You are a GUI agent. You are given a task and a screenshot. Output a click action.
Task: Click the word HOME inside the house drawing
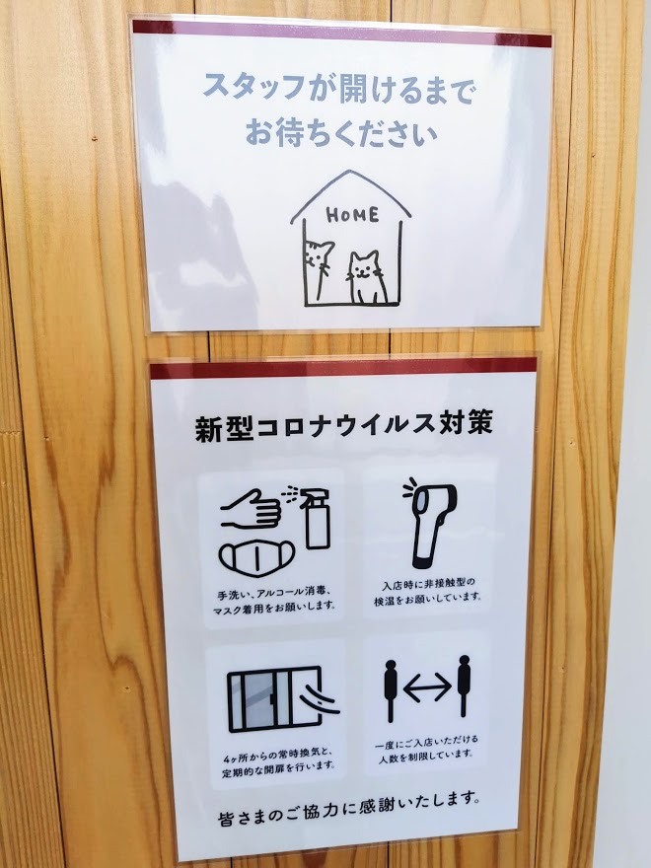click(x=352, y=215)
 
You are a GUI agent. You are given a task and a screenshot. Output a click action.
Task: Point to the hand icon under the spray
click(x=251, y=509)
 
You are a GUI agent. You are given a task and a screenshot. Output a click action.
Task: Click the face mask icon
click(x=256, y=557)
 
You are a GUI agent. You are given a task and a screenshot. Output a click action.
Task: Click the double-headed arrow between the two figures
click(x=427, y=687)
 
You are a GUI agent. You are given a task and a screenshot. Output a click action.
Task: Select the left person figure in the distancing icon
click(x=391, y=690)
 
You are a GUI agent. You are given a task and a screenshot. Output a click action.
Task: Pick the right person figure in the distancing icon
click(x=464, y=686)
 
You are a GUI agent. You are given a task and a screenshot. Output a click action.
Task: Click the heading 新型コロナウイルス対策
click(x=344, y=427)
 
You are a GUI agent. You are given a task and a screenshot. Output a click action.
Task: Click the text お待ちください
click(x=341, y=132)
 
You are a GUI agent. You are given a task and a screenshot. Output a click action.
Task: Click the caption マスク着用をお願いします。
click(x=274, y=608)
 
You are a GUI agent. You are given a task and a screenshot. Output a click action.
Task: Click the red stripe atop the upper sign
click(x=341, y=34)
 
